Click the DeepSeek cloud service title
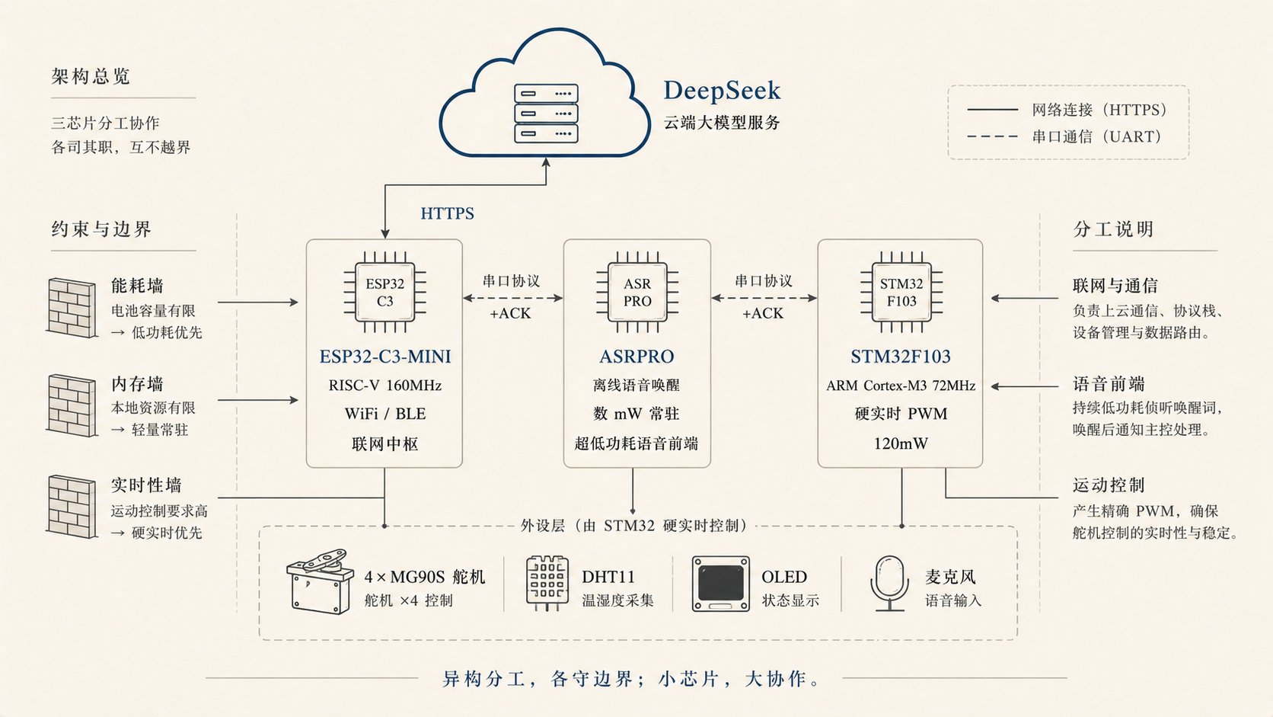click(722, 91)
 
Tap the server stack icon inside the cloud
click(546, 114)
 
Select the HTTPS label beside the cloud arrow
click(447, 213)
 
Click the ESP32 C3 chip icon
click(384, 293)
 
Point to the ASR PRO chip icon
click(637, 293)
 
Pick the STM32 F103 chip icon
click(901, 293)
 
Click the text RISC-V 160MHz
click(384, 386)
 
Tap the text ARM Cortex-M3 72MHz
click(901, 386)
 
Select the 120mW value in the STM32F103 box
click(901, 443)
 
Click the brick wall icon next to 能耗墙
click(72, 308)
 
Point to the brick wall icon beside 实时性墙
click(72, 507)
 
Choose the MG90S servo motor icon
click(319, 581)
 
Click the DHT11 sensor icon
click(547, 584)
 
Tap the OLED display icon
click(720, 584)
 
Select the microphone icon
click(889, 584)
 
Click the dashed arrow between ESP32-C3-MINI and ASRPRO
click(512, 298)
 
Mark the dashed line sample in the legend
click(992, 136)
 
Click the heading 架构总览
click(91, 76)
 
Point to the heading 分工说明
click(1113, 229)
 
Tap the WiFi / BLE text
click(384, 414)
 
